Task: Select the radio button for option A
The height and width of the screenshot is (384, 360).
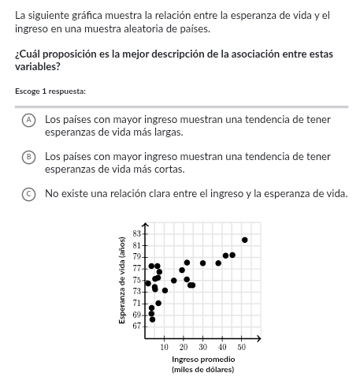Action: click(x=28, y=119)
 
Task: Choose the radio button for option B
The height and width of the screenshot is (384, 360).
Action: click(x=28, y=156)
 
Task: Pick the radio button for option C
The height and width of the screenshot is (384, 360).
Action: click(x=28, y=193)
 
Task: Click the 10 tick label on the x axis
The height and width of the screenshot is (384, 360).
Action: click(x=164, y=347)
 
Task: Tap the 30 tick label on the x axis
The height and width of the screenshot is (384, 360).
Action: click(x=202, y=347)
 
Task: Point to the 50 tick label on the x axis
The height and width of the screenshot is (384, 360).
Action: click(x=242, y=347)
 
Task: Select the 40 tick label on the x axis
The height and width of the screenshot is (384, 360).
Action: click(x=222, y=347)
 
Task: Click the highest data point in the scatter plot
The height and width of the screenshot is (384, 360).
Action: click(x=245, y=240)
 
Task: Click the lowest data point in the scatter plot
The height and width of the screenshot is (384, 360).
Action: click(x=152, y=319)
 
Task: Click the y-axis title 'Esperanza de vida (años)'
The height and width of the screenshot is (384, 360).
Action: click(x=122, y=280)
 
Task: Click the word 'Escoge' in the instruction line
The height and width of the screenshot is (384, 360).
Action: click(x=28, y=91)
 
